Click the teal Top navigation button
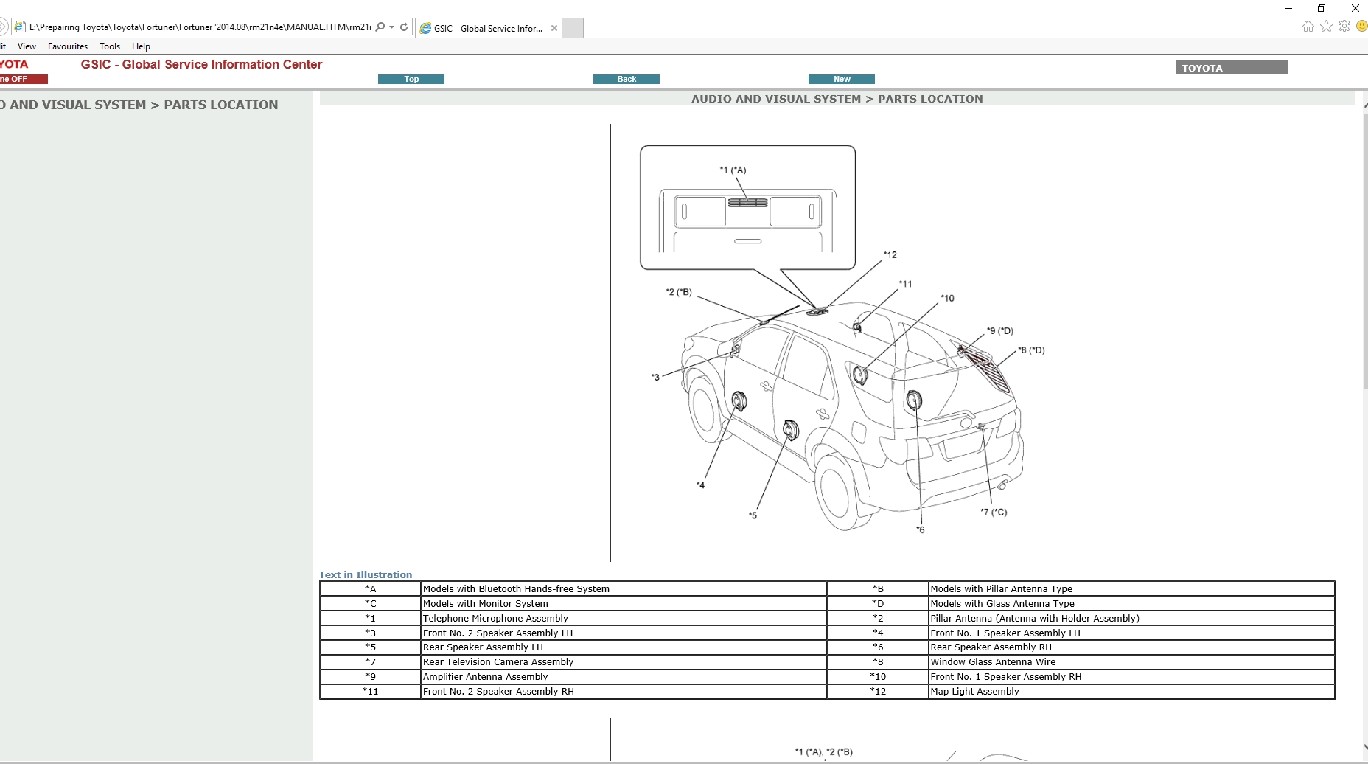(x=411, y=79)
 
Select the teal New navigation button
(x=841, y=79)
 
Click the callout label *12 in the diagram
(x=890, y=255)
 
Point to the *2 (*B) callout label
(x=679, y=292)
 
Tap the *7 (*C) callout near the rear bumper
(x=994, y=512)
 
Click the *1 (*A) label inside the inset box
(x=733, y=170)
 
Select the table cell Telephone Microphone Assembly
(x=495, y=618)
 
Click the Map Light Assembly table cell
(x=974, y=691)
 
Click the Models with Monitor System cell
(x=486, y=603)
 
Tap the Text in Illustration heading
(x=366, y=574)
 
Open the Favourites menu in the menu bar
(x=68, y=46)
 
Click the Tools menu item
(x=110, y=46)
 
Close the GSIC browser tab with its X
(x=554, y=28)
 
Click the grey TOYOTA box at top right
(x=1231, y=67)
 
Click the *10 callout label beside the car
(x=947, y=299)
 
